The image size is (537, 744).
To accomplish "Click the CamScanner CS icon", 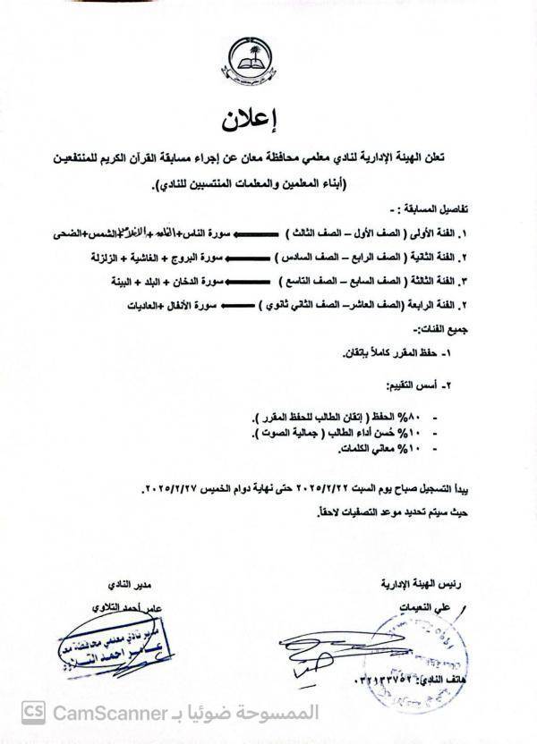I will click(x=33, y=713).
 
